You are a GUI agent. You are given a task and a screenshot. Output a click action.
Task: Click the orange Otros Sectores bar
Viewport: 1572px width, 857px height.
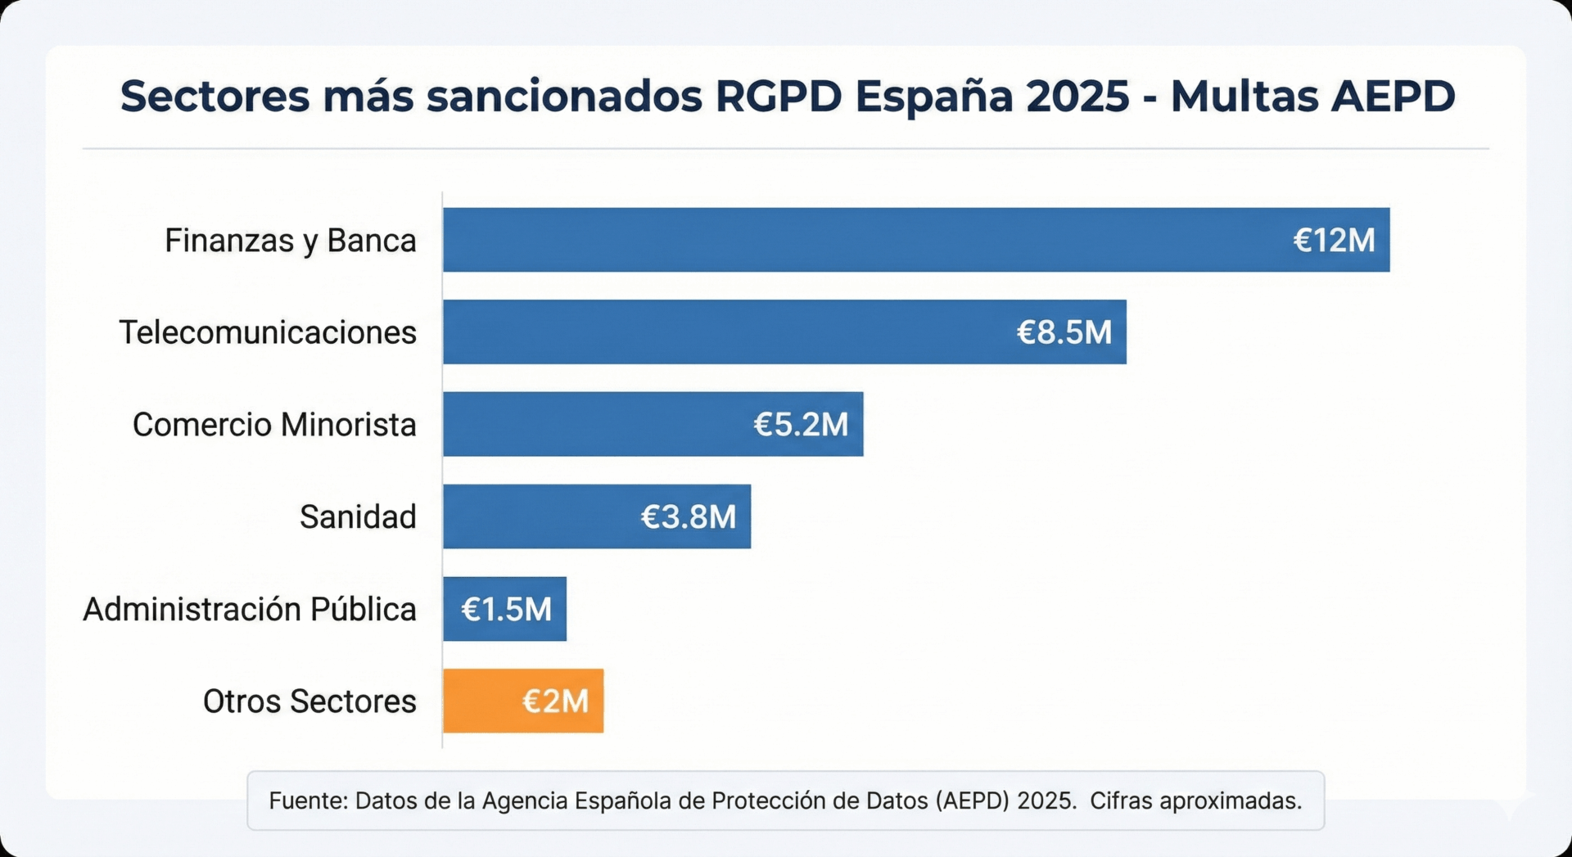point(483,701)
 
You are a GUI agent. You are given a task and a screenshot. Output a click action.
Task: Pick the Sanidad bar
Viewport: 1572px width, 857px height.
point(540,516)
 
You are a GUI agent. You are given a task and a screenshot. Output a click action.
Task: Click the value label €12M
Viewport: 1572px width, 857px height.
point(1334,240)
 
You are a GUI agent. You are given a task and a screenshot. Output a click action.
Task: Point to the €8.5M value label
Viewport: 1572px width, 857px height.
point(1064,332)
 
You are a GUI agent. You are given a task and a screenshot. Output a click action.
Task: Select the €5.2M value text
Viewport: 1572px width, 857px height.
point(800,424)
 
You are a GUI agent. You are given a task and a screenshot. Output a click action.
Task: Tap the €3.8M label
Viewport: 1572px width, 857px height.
point(688,516)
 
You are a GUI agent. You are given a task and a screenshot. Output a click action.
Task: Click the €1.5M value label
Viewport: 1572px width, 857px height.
point(506,609)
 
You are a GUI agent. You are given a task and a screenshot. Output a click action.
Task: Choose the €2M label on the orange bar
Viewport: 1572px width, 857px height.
point(555,701)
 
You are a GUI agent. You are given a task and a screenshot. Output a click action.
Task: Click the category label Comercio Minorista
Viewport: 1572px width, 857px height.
point(274,425)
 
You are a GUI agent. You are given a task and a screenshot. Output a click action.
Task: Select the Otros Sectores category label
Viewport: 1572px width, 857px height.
point(309,701)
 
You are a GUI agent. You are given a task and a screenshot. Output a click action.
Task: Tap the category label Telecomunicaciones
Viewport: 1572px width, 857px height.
point(268,332)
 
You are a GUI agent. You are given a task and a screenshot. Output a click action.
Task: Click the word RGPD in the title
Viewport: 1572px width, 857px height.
point(779,97)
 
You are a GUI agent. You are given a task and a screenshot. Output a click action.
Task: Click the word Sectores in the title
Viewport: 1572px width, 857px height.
point(215,97)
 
